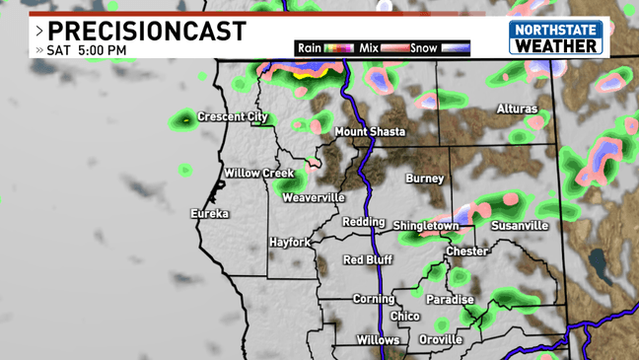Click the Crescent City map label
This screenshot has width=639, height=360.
(232, 117)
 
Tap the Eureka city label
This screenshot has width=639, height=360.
(210, 213)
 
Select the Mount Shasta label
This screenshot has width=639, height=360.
(370, 132)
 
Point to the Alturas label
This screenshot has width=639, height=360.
(517, 108)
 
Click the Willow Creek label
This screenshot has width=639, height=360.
(259, 174)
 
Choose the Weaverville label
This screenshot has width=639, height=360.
(314, 197)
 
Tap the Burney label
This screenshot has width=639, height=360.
(425, 179)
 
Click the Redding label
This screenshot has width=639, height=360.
(363, 222)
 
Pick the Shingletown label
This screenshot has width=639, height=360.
(426, 226)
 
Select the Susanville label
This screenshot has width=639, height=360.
(520, 226)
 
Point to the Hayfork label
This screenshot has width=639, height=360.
(290, 242)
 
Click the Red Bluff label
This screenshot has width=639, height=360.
(368, 259)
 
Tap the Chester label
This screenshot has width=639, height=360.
(466, 252)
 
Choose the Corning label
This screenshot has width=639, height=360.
(374, 299)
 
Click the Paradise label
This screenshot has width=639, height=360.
(450, 300)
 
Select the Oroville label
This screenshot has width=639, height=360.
(440, 339)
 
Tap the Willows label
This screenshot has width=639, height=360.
(378, 339)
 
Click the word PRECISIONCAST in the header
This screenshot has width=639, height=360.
(147, 32)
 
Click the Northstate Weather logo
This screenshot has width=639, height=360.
(555, 38)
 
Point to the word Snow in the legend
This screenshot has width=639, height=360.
(424, 47)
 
